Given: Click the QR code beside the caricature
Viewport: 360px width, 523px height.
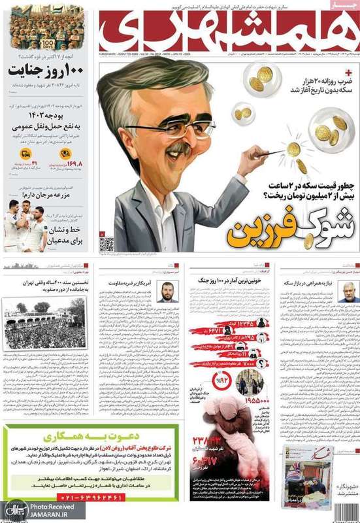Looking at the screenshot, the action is point(106,243).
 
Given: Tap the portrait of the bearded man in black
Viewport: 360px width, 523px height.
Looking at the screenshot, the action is point(167,292).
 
